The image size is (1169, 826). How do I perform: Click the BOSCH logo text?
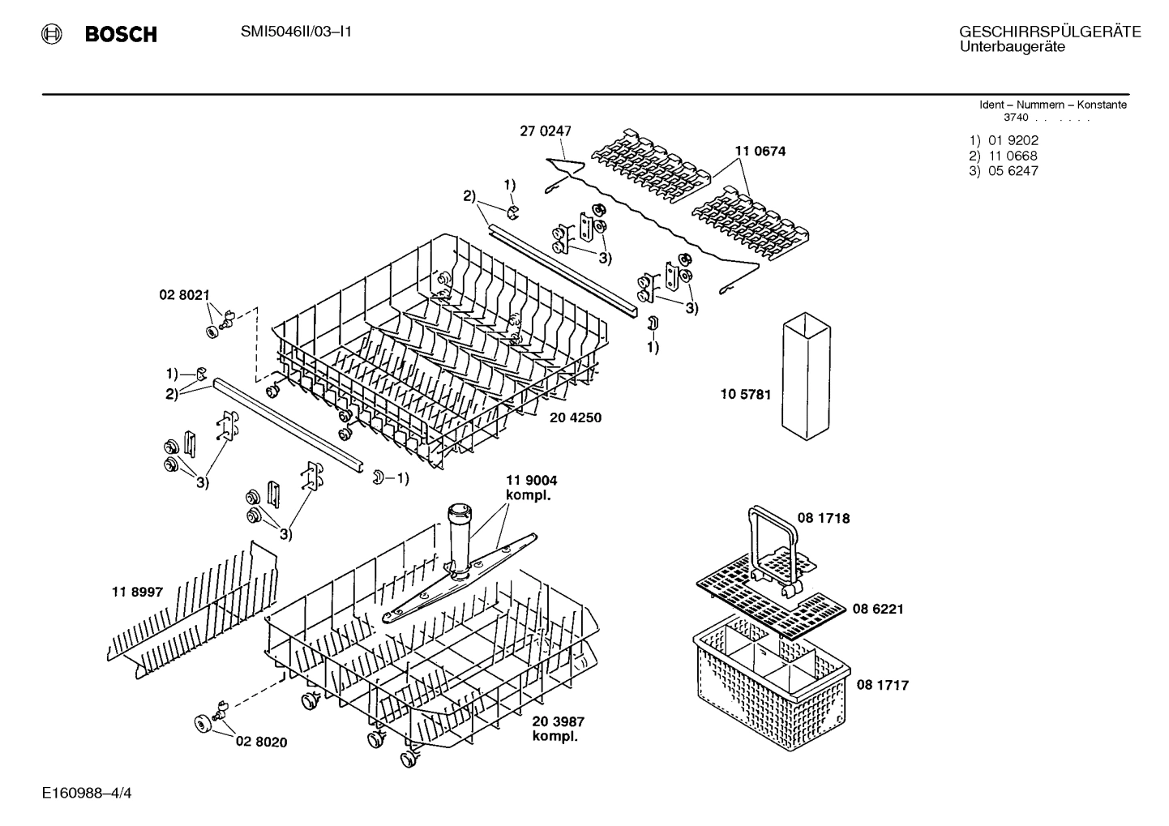pos(120,34)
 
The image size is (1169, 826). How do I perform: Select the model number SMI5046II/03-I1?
pos(296,32)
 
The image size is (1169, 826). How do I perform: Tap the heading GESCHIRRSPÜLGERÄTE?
pos(1050,32)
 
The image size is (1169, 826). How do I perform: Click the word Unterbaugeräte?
pos(1012,47)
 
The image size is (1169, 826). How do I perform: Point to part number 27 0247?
pos(545,131)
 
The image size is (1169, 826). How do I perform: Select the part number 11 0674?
pos(760,151)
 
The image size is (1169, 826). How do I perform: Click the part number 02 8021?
pos(183,296)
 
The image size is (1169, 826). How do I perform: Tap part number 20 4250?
pos(575,417)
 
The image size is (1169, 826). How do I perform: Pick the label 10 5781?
pos(745,395)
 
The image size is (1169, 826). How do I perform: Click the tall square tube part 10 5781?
pos(807,374)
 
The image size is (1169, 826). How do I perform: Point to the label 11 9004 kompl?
pos(531,487)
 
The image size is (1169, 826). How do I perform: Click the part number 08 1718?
pos(824,518)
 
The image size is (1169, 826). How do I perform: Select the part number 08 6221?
pos(877,609)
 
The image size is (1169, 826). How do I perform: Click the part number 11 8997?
pos(137,593)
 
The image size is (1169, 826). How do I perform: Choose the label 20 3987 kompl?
pos(558,729)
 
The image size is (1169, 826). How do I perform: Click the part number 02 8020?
pos(261,742)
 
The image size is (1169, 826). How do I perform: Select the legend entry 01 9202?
pos(1013,140)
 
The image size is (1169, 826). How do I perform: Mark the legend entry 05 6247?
pos(1013,171)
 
